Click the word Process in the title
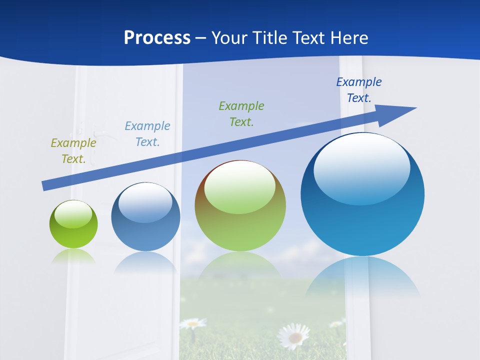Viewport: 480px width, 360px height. pyautogui.click(x=157, y=38)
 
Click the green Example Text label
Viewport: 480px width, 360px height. pyautogui.click(x=241, y=113)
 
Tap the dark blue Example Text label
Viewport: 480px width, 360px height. pyautogui.click(x=358, y=90)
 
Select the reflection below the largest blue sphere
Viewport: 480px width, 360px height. pyautogui.click(x=362, y=277)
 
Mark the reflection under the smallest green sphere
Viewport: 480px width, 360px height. pyautogui.click(x=73, y=256)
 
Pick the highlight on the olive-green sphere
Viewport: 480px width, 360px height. pyautogui.click(x=240, y=186)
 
